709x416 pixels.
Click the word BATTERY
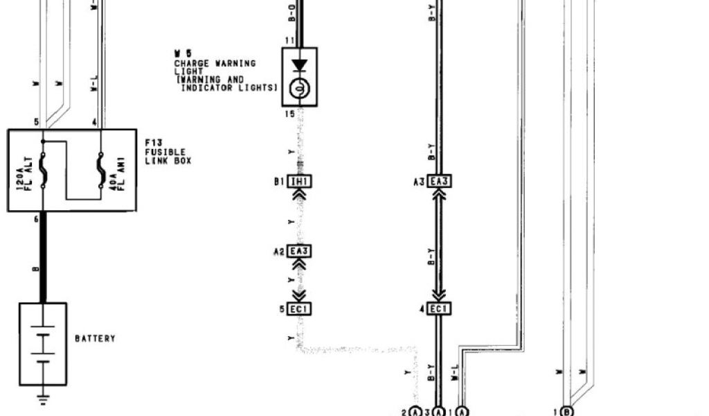pyautogui.click(x=95, y=339)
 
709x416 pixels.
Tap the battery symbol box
pyautogui.click(x=43, y=343)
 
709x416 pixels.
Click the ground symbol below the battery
pyautogui.click(x=43, y=399)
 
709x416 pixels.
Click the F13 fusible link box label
pyautogui.click(x=168, y=151)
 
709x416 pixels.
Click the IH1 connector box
pyautogui.click(x=299, y=182)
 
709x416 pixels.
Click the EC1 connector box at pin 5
pyautogui.click(x=299, y=309)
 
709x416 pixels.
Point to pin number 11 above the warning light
pyautogui.click(x=289, y=42)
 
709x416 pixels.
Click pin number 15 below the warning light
pyautogui.click(x=289, y=112)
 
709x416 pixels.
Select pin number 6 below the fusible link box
pyautogui.click(x=35, y=218)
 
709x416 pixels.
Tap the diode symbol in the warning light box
pyautogui.click(x=300, y=66)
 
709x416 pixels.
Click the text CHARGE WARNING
pyautogui.click(x=214, y=64)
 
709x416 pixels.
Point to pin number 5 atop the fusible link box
pyautogui.click(x=36, y=122)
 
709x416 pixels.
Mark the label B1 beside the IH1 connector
pyautogui.click(x=279, y=182)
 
